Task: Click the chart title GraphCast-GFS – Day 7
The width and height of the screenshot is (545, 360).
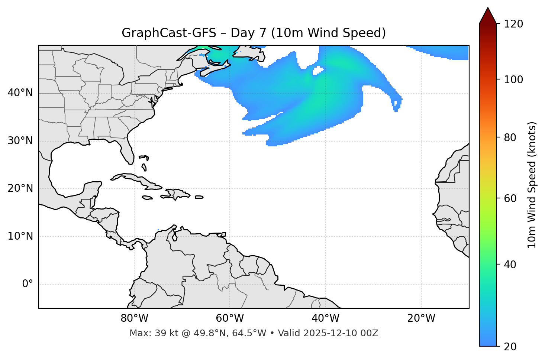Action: pyautogui.click(x=254, y=33)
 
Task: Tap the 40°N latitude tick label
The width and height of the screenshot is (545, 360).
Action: pyautogui.click(x=20, y=93)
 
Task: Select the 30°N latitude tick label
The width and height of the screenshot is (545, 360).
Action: pyautogui.click(x=20, y=141)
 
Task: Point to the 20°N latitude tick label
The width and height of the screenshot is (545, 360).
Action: pyautogui.click(x=20, y=188)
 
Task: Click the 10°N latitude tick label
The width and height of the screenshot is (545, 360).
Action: pyautogui.click(x=20, y=236)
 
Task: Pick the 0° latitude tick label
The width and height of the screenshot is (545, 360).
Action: pyautogui.click(x=28, y=284)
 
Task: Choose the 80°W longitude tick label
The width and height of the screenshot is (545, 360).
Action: pyautogui.click(x=134, y=318)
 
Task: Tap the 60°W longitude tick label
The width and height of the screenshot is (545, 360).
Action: pyautogui.click(x=230, y=318)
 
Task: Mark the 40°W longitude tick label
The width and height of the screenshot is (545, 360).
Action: pyautogui.click(x=325, y=318)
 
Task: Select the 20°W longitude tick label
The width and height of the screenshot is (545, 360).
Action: pyautogui.click(x=421, y=318)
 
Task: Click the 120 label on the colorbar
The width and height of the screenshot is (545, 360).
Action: pyautogui.click(x=513, y=24)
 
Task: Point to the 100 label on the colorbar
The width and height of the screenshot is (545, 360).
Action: pyautogui.click(x=513, y=80)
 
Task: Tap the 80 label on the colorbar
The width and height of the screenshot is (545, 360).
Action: pyautogui.click(x=510, y=137)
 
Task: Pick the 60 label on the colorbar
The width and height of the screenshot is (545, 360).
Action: pyautogui.click(x=510, y=198)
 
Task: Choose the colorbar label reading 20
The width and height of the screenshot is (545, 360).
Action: pyautogui.click(x=510, y=347)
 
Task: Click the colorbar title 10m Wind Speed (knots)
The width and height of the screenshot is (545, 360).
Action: pyautogui.click(x=532, y=185)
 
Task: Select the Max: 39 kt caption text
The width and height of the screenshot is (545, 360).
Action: pyautogui.click(x=254, y=333)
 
